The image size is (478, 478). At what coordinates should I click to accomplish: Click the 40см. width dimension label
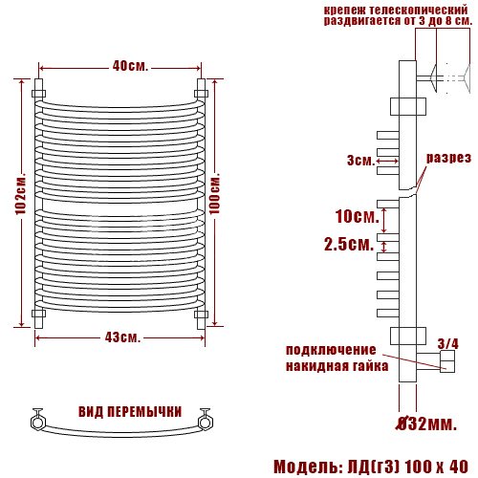point(130,66)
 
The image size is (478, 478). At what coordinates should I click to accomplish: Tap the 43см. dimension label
point(122,337)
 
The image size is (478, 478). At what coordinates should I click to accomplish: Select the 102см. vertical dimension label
point(20,194)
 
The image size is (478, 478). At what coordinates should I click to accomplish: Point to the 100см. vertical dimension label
point(214,194)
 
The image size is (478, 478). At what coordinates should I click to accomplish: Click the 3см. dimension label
point(361,160)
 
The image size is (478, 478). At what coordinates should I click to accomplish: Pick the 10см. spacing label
point(358,216)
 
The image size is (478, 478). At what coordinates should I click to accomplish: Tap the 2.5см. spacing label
point(349,245)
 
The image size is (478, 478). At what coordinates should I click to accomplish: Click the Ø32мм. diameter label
point(426,424)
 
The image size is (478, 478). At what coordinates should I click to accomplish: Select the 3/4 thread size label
point(448,344)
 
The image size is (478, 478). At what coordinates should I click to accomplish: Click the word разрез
point(448,158)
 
